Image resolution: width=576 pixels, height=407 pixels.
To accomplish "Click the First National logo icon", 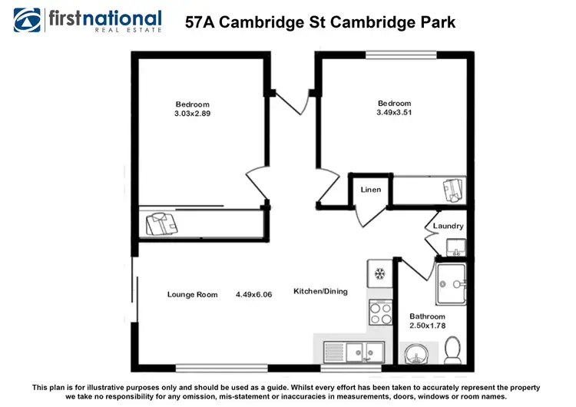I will click(28, 20).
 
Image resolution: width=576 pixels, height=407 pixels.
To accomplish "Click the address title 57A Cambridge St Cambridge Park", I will click(320, 22).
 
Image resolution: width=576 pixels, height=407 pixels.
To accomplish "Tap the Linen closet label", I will click(371, 190).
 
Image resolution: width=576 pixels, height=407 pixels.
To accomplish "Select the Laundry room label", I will click(448, 226).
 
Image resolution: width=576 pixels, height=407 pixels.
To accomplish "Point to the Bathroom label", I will click(427, 316).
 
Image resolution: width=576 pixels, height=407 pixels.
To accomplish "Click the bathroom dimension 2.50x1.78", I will click(427, 326).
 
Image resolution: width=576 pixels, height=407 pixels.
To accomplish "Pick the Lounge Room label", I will click(193, 294).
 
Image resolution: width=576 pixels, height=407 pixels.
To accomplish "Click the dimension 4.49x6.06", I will click(254, 294).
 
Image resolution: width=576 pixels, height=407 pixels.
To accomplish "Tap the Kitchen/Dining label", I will click(320, 291).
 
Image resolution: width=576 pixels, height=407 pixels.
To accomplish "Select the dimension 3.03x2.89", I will click(192, 114).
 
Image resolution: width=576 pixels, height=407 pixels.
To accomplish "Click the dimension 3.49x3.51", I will click(394, 114).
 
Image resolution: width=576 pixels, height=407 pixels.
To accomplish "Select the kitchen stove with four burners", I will click(380, 313).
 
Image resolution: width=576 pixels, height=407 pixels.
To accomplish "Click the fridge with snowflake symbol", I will click(380, 273).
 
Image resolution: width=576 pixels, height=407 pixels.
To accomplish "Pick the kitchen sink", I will click(364, 352).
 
